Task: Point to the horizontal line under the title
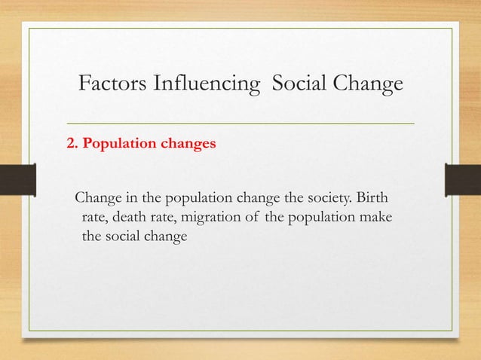[x=241, y=122]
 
